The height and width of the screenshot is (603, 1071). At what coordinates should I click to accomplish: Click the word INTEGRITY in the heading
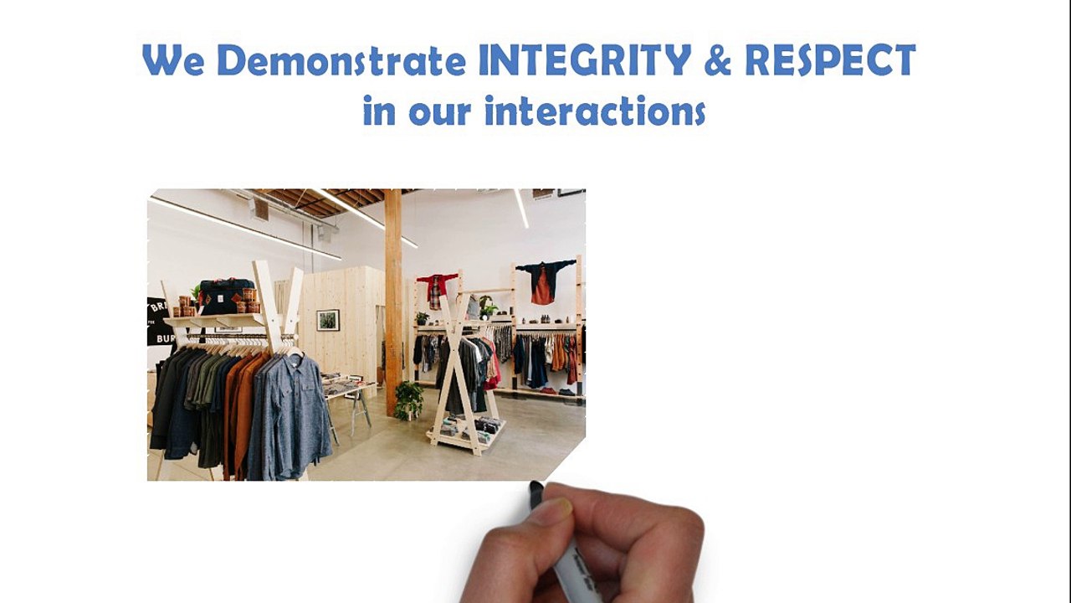tap(584, 59)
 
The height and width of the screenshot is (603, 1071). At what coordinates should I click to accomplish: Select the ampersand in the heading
tap(718, 60)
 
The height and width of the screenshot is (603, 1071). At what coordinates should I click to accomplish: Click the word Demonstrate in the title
tap(341, 60)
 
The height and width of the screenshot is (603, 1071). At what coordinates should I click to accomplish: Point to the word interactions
tap(595, 111)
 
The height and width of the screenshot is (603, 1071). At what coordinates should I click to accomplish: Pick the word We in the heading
tap(173, 60)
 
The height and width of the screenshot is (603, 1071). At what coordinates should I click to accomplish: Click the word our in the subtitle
tap(440, 113)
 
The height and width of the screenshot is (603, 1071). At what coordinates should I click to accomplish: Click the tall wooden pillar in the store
tap(393, 302)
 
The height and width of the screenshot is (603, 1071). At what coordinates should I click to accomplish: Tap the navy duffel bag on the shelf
tap(226, 296)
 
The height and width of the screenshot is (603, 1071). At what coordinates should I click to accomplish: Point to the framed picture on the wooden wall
tap(328, 320)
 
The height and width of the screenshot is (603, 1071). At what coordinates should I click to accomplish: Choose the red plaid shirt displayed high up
tap(436, 290)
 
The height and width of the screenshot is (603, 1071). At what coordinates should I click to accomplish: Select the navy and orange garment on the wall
tap(544, 281)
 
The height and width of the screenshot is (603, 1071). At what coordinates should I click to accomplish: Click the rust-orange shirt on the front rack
tap(242, 411)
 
